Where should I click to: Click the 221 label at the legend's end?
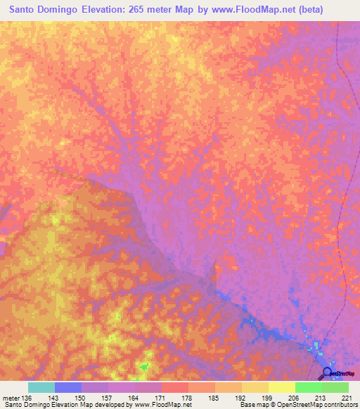(x=345, y=398)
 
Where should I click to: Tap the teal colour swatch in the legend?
(x=41, y=387)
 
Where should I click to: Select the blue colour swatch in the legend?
(x=68, y=387)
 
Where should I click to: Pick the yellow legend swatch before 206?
(x=281, y=387)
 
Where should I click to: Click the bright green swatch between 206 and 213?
(x=308, y=387)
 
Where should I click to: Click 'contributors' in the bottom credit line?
(x=340, y=405)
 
